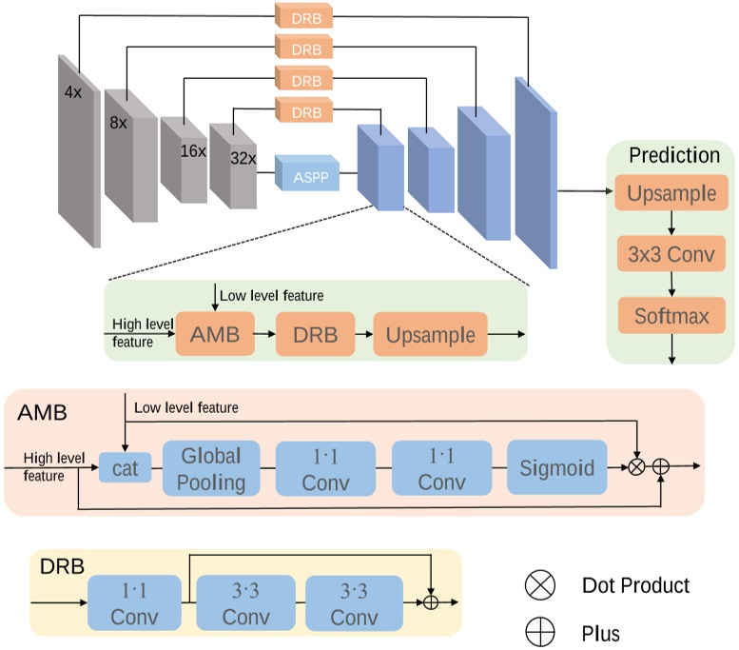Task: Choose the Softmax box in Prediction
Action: coord(671,316)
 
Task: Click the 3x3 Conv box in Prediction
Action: coord(671,255)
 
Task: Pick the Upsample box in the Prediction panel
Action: coord(671,195)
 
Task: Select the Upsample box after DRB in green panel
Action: coord(431,334)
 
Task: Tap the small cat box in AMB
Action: coord(126,467)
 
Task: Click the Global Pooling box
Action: coord(211,467)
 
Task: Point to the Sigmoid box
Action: coord(556,467)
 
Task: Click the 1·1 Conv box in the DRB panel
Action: coord(134,603)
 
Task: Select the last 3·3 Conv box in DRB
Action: coord(352,603)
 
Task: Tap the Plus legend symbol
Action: coord(540,631)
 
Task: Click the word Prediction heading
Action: coord(674,155)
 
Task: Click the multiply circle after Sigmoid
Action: coord(637,467)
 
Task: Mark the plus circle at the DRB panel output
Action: coord(433,603)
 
